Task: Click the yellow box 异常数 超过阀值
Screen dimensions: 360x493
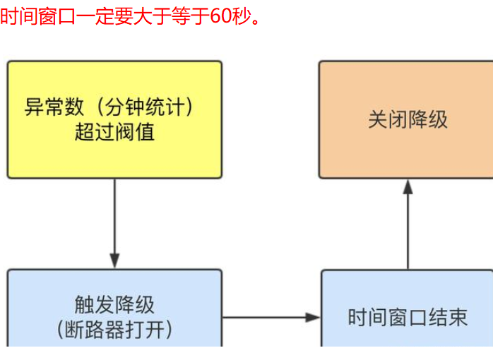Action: pos(114,119)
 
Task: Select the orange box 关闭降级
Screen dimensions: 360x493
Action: pos(405,119)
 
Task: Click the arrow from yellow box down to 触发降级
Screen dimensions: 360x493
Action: pos(114,222)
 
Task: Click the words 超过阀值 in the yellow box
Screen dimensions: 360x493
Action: pos(114,131)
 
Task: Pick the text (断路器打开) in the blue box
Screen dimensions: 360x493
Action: pos(114,329)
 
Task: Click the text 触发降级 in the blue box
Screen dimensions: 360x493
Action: pos(114,305)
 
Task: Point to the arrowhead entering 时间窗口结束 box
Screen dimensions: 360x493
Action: pos(314,318)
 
